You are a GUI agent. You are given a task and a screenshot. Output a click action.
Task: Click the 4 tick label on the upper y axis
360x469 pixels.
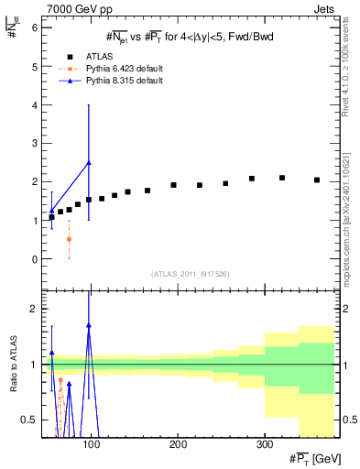coord(34,105)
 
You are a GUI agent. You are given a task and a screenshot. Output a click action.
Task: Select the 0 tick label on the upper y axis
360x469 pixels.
coord(34,259)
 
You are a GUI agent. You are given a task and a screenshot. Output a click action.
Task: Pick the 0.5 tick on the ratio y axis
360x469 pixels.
coord(30,420)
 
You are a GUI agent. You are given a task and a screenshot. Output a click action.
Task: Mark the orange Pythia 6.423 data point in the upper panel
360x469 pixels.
coord(69,239)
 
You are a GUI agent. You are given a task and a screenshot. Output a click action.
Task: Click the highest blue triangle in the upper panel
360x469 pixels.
coord(88,162)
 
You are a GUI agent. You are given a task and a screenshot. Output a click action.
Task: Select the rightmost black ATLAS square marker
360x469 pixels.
coord(317,180)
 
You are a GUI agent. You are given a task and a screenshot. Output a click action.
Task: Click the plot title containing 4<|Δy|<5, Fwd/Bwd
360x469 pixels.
coord(189,37)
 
